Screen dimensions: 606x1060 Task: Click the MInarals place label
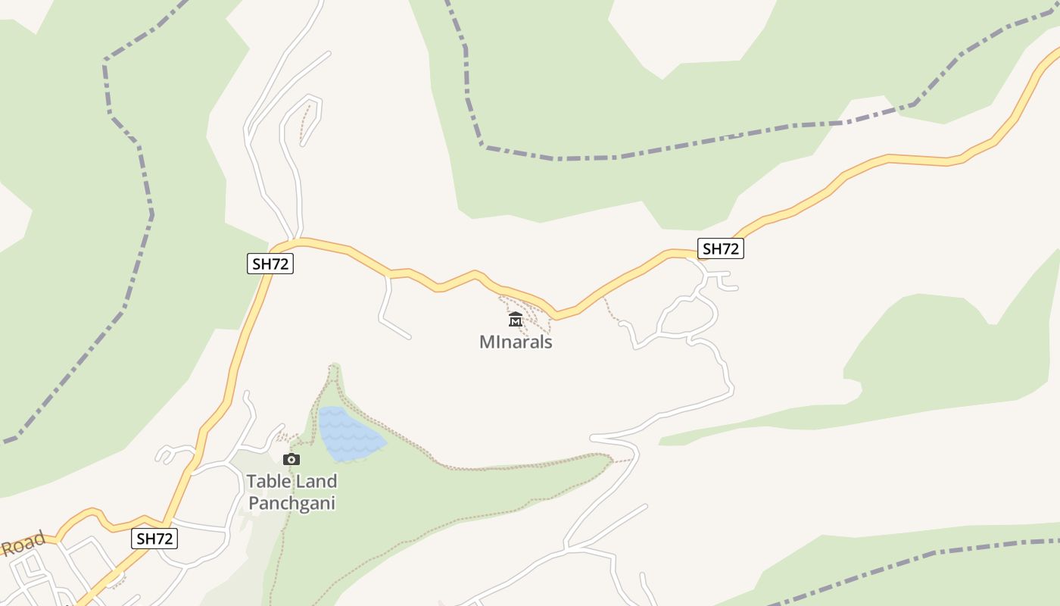[516, 342]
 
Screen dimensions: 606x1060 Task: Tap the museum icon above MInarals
[516, 319]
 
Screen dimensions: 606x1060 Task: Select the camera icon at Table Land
[291, 459]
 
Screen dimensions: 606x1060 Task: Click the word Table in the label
[268, 482]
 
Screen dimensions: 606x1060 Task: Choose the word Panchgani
[291, 503]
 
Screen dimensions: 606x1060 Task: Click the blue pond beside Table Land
[348, 434]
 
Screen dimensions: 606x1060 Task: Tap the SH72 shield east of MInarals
[720, 248]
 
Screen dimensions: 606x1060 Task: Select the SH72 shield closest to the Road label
[155, 539]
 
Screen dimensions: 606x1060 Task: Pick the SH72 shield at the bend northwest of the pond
[270, 264]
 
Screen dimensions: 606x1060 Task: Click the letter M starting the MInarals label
[486, 342]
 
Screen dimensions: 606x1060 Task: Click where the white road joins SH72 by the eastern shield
[691, 257]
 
